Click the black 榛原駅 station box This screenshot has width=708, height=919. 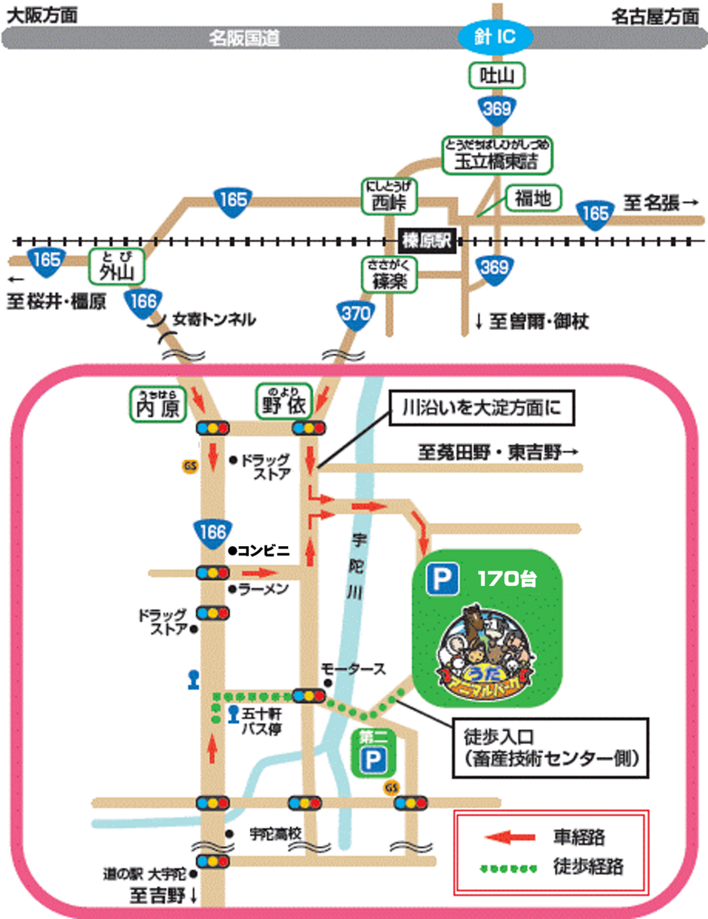(x=427, y=241)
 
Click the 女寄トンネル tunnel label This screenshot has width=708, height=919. (x=214, y=319)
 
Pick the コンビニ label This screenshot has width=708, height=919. (x=263, y=550)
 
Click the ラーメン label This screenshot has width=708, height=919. (x=263, y=590)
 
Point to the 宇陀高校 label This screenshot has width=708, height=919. (x=275, y=834)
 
